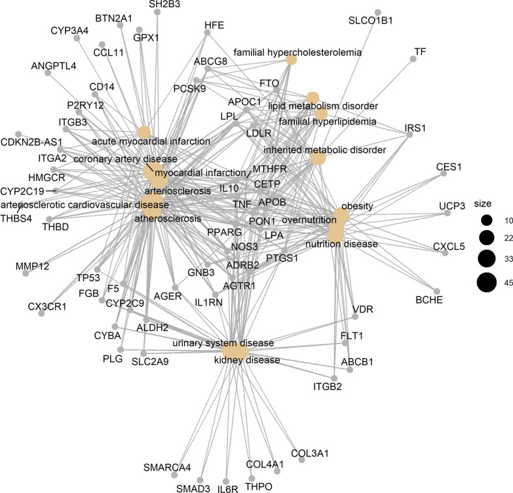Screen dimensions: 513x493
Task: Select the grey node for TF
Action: [413, 60]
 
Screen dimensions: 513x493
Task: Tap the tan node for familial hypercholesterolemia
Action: [292, 60]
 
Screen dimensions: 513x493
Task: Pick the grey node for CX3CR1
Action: [42, 314]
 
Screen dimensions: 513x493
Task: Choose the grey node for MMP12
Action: [26, 273]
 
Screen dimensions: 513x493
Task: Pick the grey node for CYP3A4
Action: [77, 39]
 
